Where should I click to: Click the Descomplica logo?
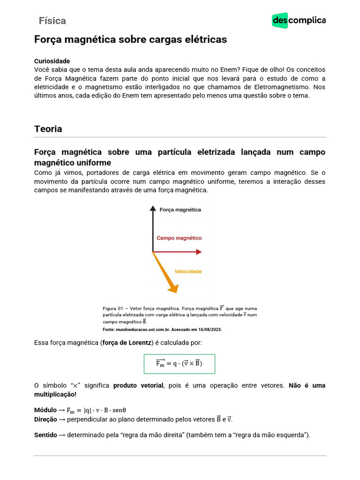[x=299, y=21]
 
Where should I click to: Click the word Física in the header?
[x=52, y=21]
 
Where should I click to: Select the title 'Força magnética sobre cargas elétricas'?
[x=130, y=40]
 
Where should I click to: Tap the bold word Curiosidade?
[x=52, y=61]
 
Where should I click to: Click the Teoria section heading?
[x=48, y=129]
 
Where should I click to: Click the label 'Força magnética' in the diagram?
[x=180, y=210]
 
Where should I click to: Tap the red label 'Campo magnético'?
[x=179, y=238]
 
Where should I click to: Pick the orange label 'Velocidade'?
[x=188, y=271]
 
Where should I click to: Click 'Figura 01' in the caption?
[x=112, y=308]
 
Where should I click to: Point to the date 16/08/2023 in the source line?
[x=209, y=330]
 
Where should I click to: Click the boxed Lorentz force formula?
[x=179, y=363]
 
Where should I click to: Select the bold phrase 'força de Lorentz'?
[x=127, y=343]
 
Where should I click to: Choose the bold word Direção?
[x=45, y=419]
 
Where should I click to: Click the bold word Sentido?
[x=45, y=435]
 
